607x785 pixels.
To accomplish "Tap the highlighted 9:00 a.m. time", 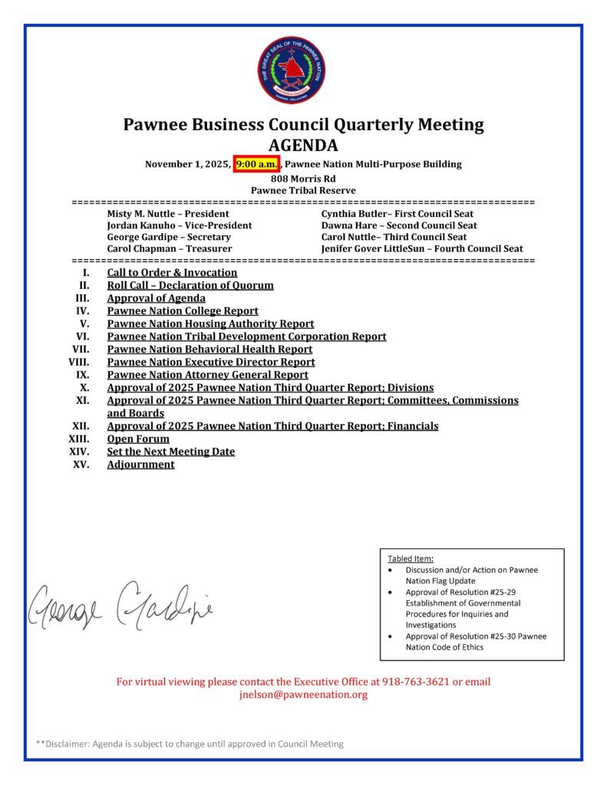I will click(257, 164).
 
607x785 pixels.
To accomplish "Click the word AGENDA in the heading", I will click(303, 146).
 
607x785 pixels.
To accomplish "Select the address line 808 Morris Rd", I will click(303, 178).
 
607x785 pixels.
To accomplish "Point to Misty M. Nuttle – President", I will click(168, 214).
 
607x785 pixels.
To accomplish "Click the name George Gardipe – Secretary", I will click(169, 237).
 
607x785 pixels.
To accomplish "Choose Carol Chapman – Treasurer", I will click(170, 248).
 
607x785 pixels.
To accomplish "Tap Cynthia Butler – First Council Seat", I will click(397, 214).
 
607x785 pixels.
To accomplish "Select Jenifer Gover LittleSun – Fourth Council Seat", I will click(422, 248).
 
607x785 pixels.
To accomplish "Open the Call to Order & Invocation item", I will click(172, 272).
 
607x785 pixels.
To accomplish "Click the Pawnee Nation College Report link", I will click(183, 310).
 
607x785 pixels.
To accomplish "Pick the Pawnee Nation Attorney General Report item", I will click(207, 375).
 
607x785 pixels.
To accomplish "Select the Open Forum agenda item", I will click(138, 439).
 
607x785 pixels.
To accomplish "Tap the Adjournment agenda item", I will click(140, 465).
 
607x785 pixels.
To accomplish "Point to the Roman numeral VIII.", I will click(79, 362).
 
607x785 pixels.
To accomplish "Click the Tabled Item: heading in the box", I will click(411, 559).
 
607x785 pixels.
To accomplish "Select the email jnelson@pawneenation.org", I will click(303, 695).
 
